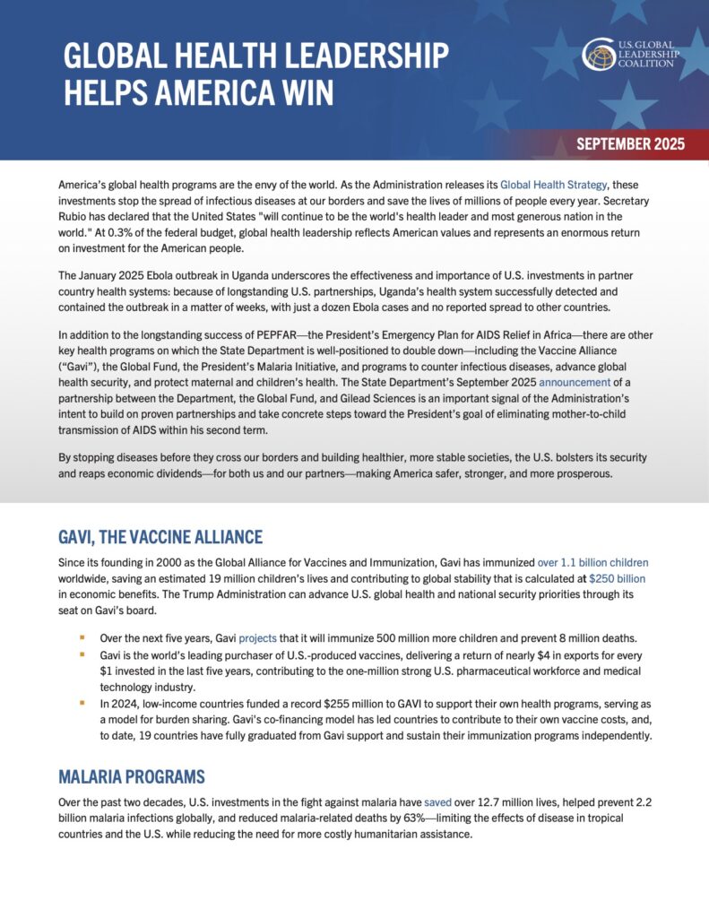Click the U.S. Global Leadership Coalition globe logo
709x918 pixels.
click(598, 54)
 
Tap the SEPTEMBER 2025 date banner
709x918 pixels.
click(630, 143)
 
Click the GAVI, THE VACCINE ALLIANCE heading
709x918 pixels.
click(161, 537)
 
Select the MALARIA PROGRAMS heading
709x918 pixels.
click(132, 776)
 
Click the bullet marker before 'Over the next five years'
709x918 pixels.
click(82, 638)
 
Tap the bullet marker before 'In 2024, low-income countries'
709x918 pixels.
click(82, 702)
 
